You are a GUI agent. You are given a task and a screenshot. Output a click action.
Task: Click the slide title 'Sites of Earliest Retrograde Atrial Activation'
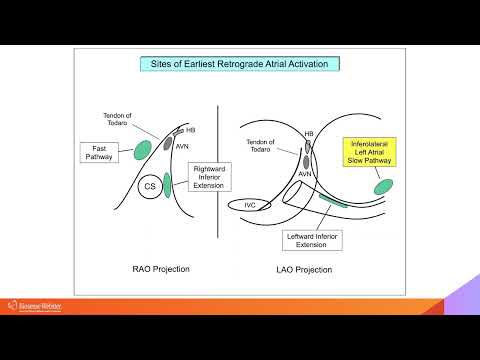pyautogui.click(x=240, y=64)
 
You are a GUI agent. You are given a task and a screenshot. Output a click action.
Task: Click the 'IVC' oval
pyautogui.click(x=251, y=204)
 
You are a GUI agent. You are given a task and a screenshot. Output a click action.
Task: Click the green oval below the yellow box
pyautogui.click(x=383, y=187)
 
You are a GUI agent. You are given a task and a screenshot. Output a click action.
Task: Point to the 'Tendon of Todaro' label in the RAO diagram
pyautogui.click(x=126, y=119)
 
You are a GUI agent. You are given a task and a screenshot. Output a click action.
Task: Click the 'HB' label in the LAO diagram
pyautogui.click(x=309, y=134)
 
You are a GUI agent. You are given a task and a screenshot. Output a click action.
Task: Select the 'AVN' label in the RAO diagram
pyautogui.click(x=183, y=146)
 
